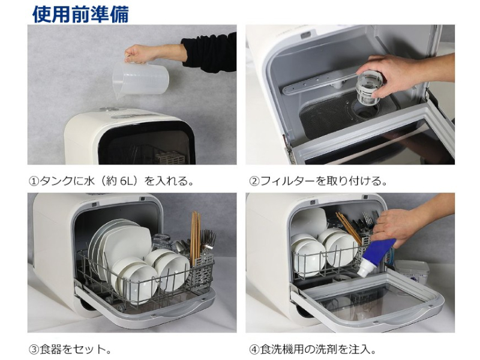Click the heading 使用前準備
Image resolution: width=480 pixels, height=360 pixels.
[x=80, y=14]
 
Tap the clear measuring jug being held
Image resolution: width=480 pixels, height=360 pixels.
[x=140, y=80]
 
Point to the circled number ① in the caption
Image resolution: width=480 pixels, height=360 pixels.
[x=34, y=181]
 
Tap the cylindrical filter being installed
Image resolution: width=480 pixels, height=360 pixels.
[x=368, y=89]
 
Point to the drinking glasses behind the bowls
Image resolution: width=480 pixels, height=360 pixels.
[x=161, y=241]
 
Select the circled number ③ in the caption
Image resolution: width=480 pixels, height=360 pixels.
[x=34, y=349]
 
